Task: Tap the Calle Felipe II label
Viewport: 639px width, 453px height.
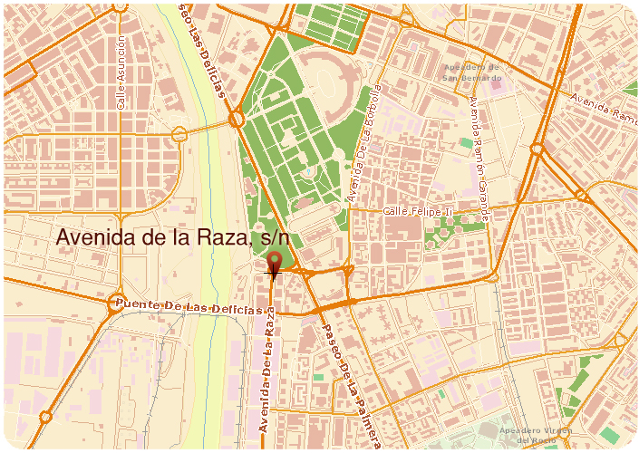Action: [x=417, y=211]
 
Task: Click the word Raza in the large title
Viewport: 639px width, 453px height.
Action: [x=216, y=237]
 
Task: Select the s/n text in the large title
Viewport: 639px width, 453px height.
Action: [x=273, y=237]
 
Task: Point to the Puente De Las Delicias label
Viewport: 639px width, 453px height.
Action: [x=177, y=306]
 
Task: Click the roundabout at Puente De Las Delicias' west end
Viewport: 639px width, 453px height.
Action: [x=115, y=304]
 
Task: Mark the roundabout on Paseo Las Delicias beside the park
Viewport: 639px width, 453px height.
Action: [x=237, y=118]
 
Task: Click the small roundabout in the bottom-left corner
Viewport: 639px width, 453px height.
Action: [x=44, y=418]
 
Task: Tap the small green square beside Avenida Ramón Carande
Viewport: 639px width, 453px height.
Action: [x=467, y=143]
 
